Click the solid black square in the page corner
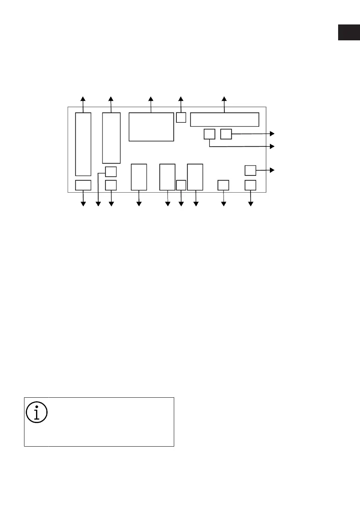(x=348, y=33)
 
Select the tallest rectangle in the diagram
(x=83, y=144)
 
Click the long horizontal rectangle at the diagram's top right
(x=225, y=119)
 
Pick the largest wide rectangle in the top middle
(x=151, y=127)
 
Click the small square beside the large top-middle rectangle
(x=181, y=117)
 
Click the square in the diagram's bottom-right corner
(x=251, y=185)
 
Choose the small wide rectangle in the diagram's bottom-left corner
(x=83, y=185)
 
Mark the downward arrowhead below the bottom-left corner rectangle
(x=83, y=204)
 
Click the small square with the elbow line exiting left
(x=111, y=172)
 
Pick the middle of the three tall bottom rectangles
(x=167, y=177)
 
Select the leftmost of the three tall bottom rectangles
(x=139, y=177)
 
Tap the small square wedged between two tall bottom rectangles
(x=181, y=185)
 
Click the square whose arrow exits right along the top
(x=226, y=134)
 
